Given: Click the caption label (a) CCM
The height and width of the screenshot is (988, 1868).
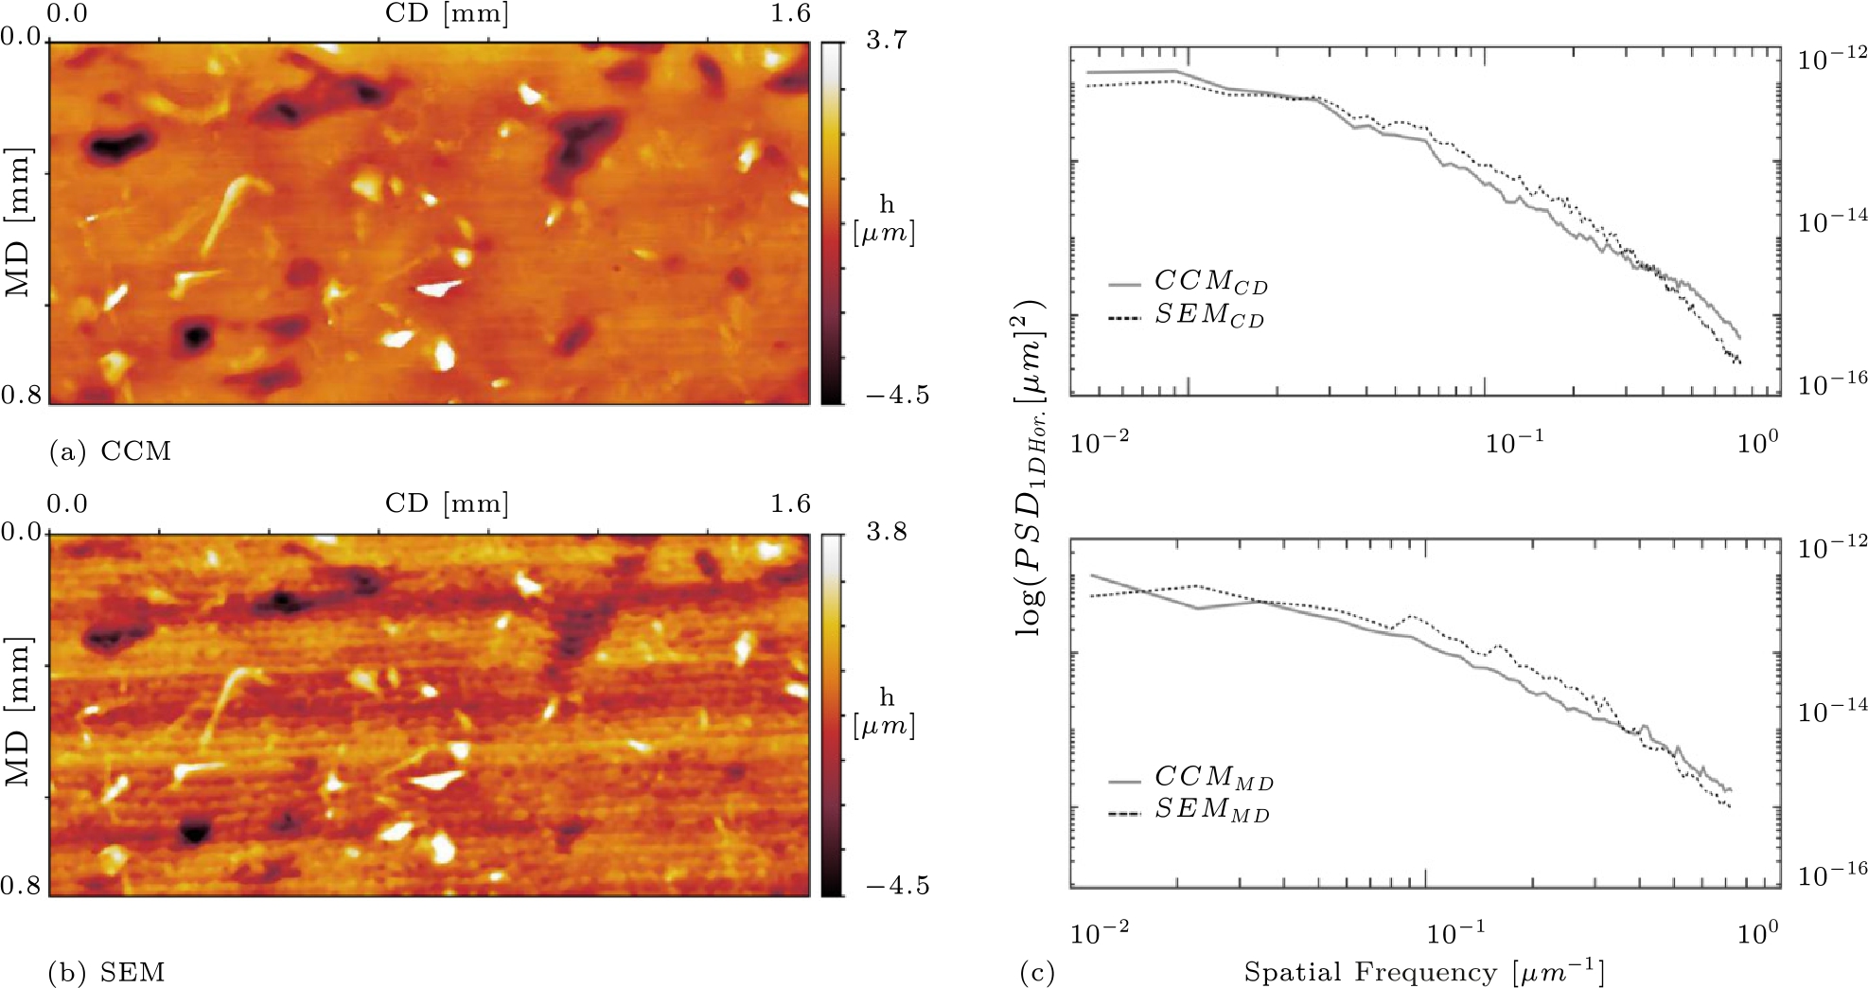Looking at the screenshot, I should [x=110, y=451].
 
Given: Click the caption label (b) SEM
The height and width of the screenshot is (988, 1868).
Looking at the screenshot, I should [x=106, y=972].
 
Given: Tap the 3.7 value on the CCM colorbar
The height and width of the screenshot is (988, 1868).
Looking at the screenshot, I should [x=886, y=40].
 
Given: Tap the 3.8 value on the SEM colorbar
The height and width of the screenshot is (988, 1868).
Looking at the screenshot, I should [x=886, y=532].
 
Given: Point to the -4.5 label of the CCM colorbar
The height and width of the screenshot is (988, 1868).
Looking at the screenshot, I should [x=895, y=396].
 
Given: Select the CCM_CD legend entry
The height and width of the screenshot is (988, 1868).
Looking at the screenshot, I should [x=1209, y=282].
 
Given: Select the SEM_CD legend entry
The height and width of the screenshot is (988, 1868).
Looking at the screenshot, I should [x=1208, y=315].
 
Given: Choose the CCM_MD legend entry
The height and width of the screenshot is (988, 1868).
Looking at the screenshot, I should [x=1213, y=778].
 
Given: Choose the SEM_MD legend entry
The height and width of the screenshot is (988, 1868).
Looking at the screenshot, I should [x=1211, y=811].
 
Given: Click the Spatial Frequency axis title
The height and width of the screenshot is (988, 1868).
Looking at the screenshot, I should [x=1423, y=972].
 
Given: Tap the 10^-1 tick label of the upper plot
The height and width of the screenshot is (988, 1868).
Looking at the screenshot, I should [x=1514, y=442].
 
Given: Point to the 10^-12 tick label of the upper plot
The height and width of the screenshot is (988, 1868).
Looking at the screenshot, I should [x=1832, y=58].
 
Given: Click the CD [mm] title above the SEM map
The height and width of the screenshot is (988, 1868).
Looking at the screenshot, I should [x=446, y=503].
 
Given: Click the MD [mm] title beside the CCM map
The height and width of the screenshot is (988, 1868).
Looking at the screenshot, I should [x=19, y=221].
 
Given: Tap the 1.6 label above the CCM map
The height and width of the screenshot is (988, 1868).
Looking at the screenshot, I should [x=790, y=12].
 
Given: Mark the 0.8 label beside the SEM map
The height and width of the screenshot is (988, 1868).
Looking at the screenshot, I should [x=21, y=886].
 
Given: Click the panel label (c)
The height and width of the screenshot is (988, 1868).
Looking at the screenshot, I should [x=1036, y=972].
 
